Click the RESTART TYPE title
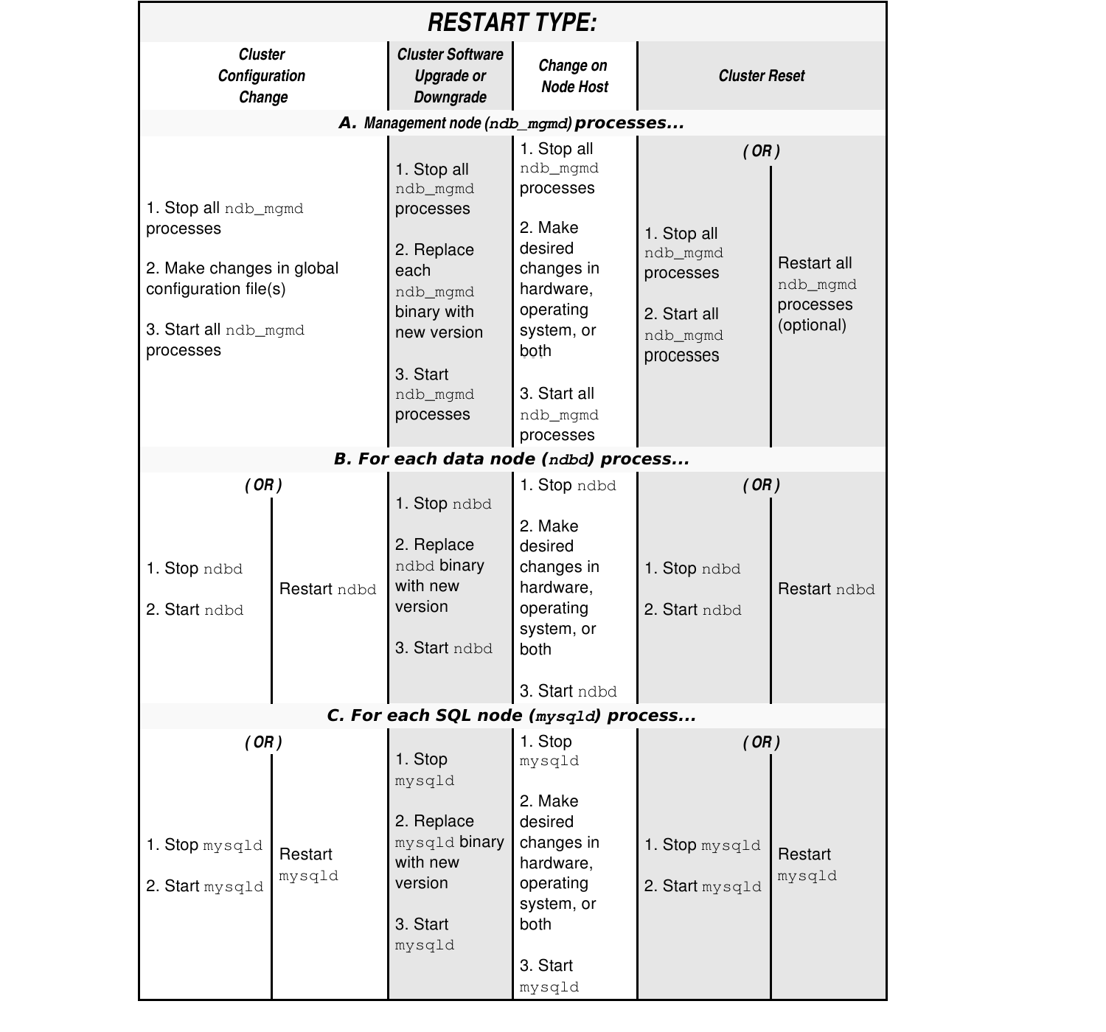[512, 22]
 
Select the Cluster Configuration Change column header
[262, 76]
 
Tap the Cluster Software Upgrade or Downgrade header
[450, 76]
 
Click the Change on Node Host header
[574, 76]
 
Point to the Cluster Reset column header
[761, 76]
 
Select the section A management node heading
[512, 123]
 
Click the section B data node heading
[512, 459]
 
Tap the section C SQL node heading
[512, 716]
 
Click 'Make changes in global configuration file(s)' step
[242, 279]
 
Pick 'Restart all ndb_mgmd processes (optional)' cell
[816, 294]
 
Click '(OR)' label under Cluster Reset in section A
[761, 151]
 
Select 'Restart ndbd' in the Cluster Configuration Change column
[327, 589]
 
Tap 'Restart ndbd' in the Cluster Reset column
[826, 589]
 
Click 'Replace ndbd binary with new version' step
[439, 576]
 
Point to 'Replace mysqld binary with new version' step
[449, 852]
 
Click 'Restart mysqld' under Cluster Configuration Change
[308, 865]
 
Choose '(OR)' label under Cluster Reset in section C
[761, 742]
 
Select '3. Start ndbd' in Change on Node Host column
[568, 691]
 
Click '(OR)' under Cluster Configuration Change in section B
[263, 485]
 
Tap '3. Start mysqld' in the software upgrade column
[424, 935]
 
